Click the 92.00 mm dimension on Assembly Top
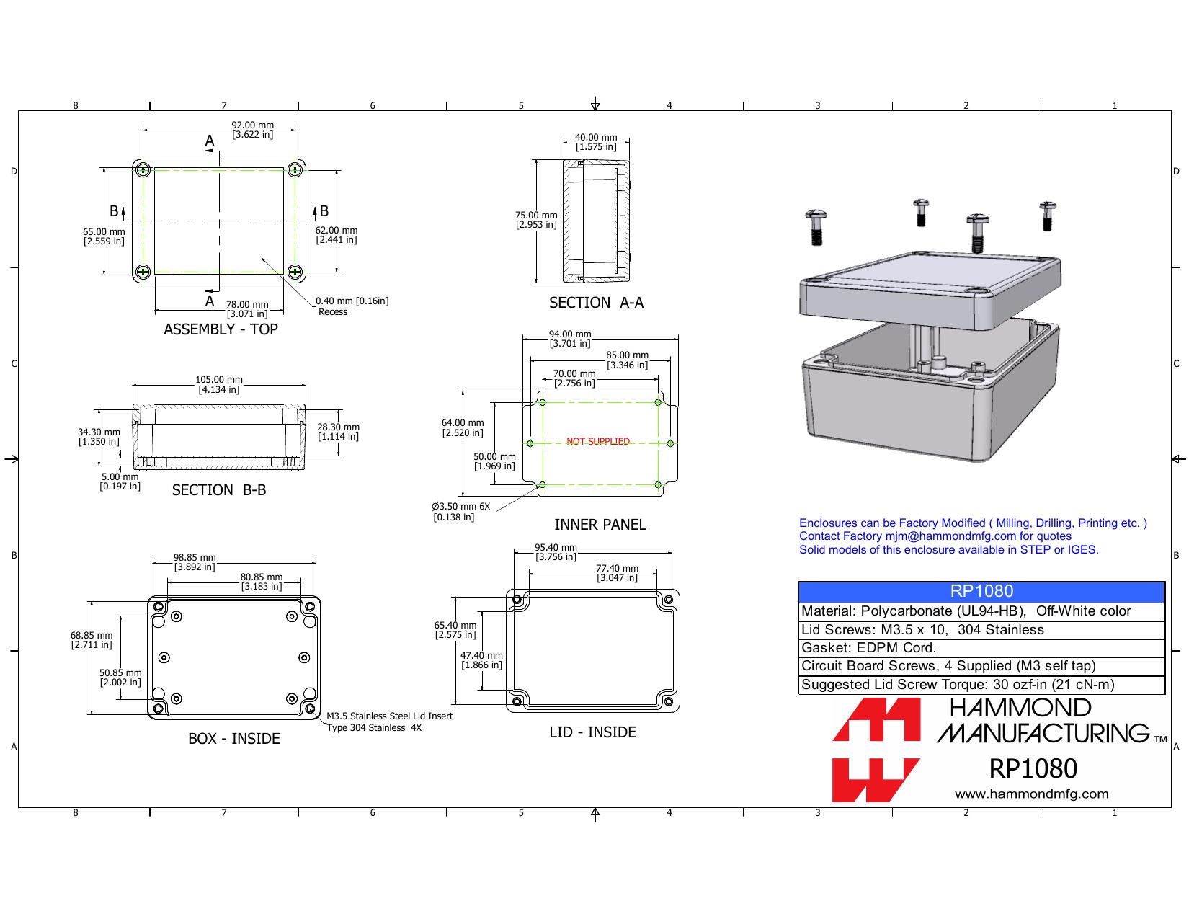pos(252,130)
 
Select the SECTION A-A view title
pos(596,303)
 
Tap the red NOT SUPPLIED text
pos(597,441)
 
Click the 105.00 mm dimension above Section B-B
pos(219,384)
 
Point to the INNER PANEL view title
pos(600,524)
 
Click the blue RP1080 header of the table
pos(981,591)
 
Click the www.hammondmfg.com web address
pos(1031,794)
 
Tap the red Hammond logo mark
pos(876,750)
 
